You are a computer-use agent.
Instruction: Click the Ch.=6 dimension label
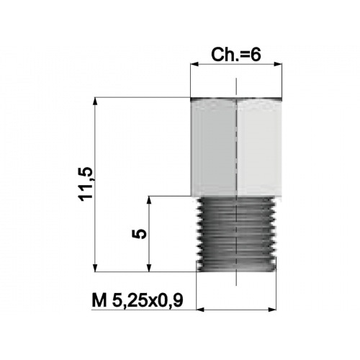pyautogui.click(x=235, y=55)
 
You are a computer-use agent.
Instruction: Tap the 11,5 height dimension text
pyautogui.click(x=85, y=184)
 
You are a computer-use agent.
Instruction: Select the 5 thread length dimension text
pyautogui.click(x=139, y=234)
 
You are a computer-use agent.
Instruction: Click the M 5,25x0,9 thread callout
pyautogui.click(x=138, y=300)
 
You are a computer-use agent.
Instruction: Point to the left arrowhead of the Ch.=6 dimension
pyautogui.click(x=194, y=64)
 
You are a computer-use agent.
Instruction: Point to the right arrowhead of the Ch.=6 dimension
pyautogui.click(x=278, y=64)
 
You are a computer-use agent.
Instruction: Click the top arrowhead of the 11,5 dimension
pyautogui.click(x=95, y=102)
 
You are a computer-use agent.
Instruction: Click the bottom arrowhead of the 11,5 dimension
pyautogui.click(x=95, y=267)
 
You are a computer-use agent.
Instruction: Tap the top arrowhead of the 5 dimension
pyautogui.click(x=149, y=201)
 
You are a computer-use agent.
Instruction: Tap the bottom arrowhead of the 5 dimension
pyautogui.click(x=149, y=267)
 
